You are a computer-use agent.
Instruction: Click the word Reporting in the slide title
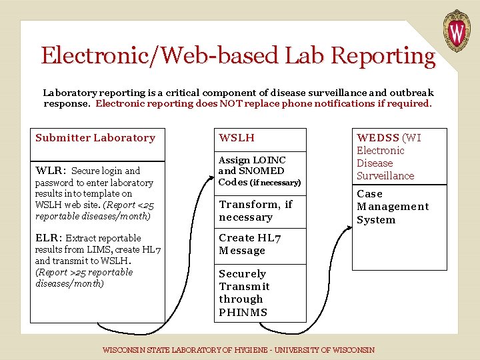click(383, 55)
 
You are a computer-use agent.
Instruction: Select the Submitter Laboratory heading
click(95, 138)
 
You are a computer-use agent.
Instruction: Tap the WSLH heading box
click(259, 139)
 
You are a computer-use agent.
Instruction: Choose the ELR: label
click(49, 238)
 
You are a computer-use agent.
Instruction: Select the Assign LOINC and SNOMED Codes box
click(259, 171)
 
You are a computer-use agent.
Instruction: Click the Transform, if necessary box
click(259, 211)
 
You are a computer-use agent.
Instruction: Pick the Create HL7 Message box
click(259, 244)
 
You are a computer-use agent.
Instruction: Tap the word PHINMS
click(243, 312)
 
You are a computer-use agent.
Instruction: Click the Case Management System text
click(383, 207)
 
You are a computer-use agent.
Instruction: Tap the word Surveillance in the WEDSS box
click(385, 176)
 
